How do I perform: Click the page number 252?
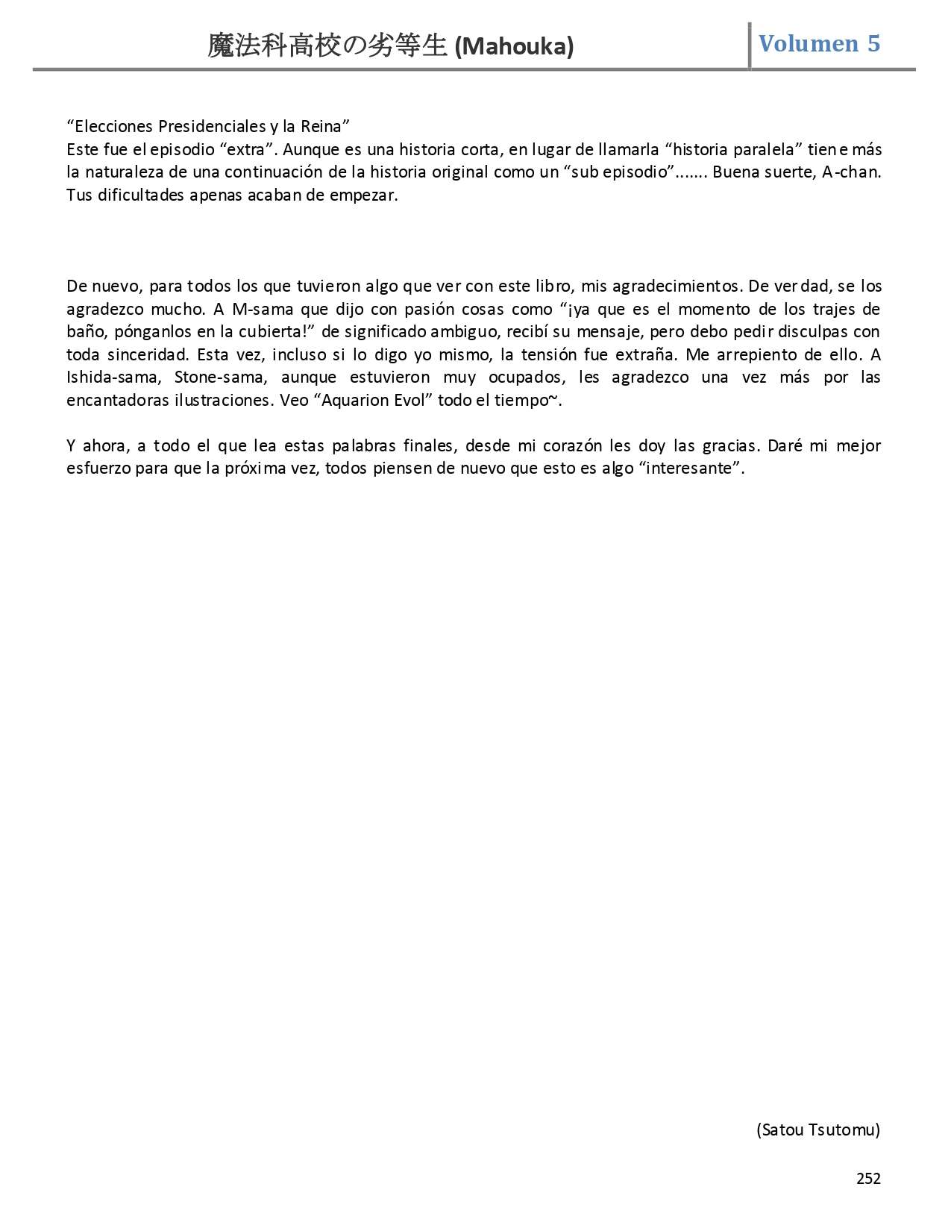point(868,1179)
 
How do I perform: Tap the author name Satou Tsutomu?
point(818,1130)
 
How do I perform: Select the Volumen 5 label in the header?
point(819,44)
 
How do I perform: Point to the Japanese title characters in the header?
point(327,47)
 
